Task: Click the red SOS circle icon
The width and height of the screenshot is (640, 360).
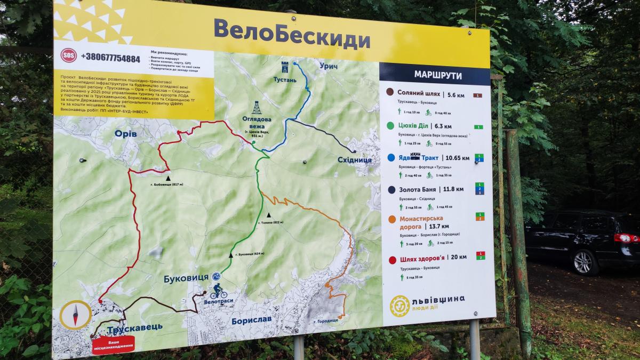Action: [68, 55]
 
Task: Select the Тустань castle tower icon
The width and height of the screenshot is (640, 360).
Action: [285, 68]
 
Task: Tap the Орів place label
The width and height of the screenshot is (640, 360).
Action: [126, 133]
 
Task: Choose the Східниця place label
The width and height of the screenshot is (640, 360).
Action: [355, 159]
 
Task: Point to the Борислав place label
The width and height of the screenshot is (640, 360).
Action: [251, 320]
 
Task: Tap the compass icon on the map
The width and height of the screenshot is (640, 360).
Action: [75, 314]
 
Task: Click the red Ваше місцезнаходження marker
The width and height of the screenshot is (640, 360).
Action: [114, 343]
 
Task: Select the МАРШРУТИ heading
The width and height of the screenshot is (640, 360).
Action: [434, 75]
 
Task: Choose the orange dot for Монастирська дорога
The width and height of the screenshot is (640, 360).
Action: [392, 219]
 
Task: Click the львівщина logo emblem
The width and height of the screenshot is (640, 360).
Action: [399, 306]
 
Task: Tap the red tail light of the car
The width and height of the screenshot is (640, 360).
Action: [626, 238]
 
